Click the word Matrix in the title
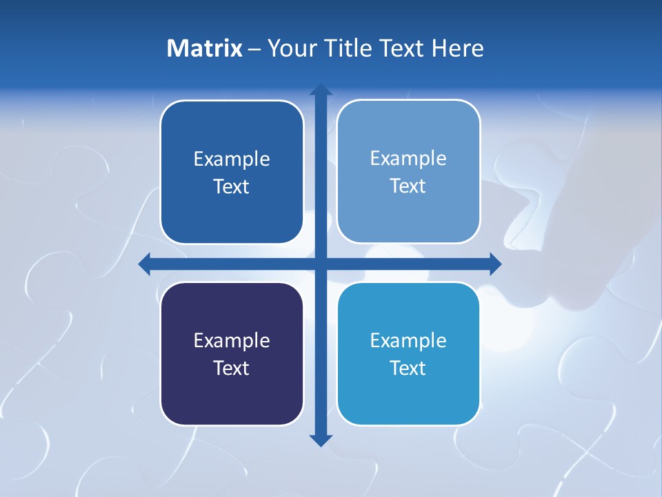(x=205, y=48)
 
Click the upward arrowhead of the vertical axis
(x=321, y=90)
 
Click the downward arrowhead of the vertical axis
(x=321, y=440)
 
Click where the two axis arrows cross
(x=321, y=264)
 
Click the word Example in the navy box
(x=232, y=340)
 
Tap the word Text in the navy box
(x=232, y=368)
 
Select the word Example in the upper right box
(x=408, y=158)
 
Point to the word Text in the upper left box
(x=232, y=186)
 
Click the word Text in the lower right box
(x=408, y=368)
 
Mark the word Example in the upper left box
(x=232, y=159)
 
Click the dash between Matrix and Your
(x=254, y=49)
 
